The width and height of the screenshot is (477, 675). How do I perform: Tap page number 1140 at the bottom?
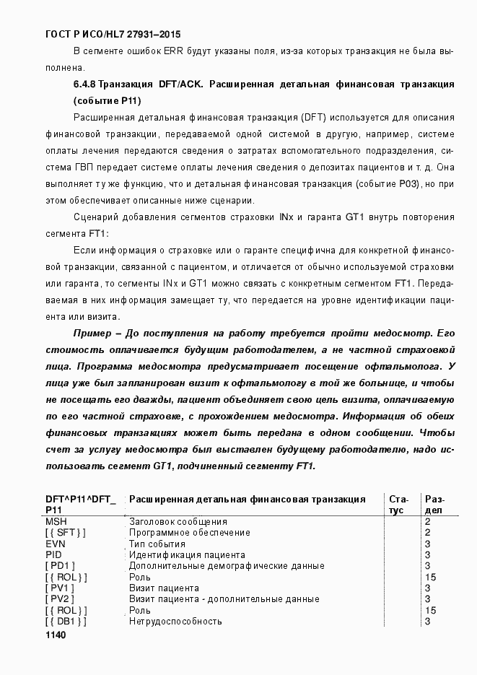(x=56, y=635)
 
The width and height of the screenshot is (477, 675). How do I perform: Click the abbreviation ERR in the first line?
(x=172, y=51)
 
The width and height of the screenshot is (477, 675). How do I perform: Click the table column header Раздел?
(x=434, y=504)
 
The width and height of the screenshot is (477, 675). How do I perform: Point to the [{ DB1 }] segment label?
(x=66, y=622)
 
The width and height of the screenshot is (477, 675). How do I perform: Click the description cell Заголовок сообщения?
(x=178, y=521)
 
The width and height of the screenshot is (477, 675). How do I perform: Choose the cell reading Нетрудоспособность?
(x=175, y=622)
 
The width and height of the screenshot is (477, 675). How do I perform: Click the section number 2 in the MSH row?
(x=428, y=521)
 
